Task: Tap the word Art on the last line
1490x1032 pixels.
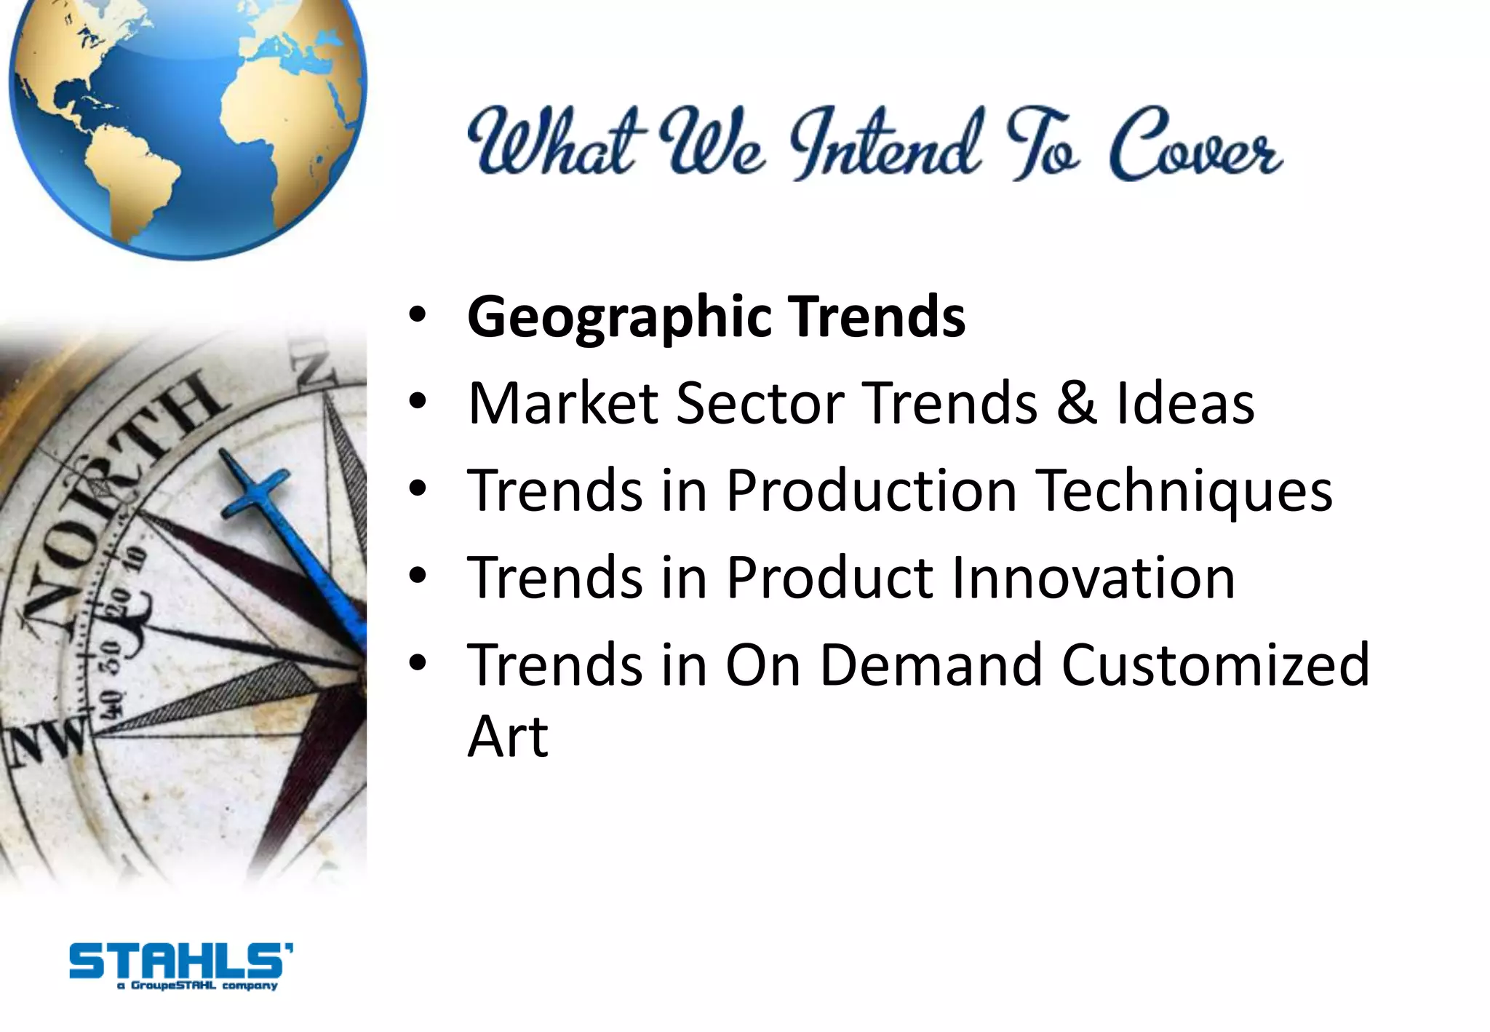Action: click(x=507, y=737)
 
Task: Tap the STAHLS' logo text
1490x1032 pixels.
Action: click(x=180, y=961)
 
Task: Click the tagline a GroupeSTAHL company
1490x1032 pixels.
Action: click(x=197, y=986)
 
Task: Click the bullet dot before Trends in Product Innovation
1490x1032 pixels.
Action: click(x=417, y=576)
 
